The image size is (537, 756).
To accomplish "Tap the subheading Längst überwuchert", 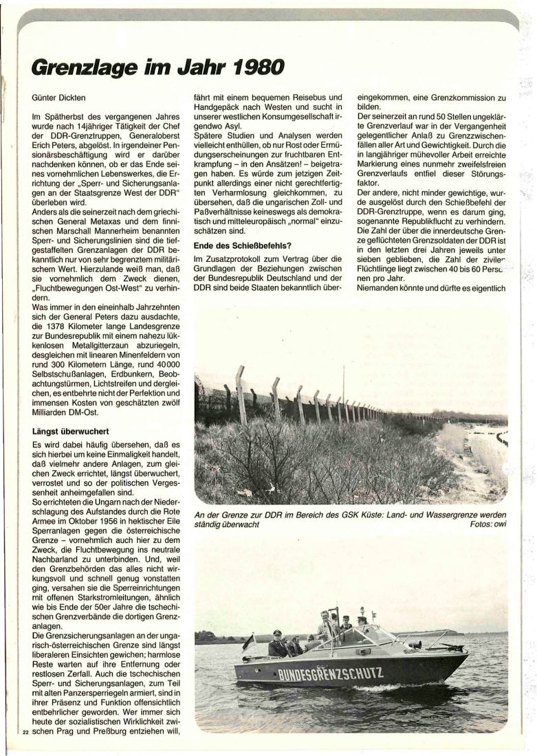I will [72, 432].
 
